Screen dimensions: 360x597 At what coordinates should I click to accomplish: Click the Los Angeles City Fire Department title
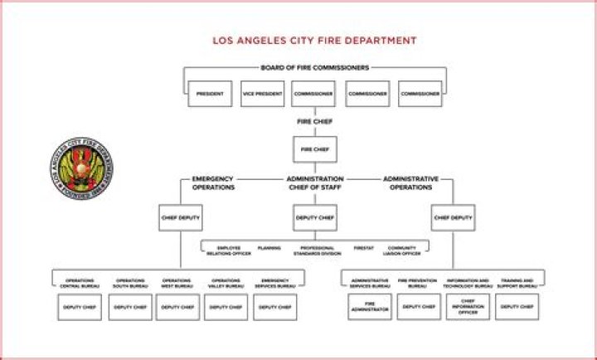tap(314, 40)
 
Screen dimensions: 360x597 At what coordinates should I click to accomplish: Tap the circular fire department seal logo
tap(81, 168)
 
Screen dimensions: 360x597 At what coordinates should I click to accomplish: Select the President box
tap(209, 94)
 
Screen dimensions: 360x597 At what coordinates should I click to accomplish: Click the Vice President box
tap(262, 94)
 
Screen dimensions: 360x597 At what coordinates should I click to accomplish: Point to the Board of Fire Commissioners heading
tap(314, 68)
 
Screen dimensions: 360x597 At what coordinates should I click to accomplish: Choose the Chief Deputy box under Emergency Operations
tap(181, 218)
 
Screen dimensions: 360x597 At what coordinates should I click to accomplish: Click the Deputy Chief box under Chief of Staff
tap(315, 218)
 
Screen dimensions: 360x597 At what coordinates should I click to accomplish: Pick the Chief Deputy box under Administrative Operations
tap(453, 218)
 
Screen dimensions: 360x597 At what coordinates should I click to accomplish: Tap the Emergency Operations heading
tap(213, 183)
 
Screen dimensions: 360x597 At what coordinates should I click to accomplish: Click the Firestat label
tap(363, 248)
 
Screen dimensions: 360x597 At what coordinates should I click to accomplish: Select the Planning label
tap(269, 248)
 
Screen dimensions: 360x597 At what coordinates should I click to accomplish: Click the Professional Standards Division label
tap(318, 251)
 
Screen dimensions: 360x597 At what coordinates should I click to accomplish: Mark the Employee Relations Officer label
tap(230, 251)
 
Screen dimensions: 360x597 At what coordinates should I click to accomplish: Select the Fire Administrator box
tap(370, 307)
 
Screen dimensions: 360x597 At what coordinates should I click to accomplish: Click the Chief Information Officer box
tap(468, 307)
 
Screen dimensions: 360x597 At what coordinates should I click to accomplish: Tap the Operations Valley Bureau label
tap(226, 283)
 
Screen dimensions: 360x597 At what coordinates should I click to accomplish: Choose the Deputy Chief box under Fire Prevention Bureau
tap(418, 306)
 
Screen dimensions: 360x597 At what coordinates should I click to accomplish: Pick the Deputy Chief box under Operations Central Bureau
tap(81, 307)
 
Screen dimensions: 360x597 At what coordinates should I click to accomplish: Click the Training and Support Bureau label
tap(517, 283)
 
